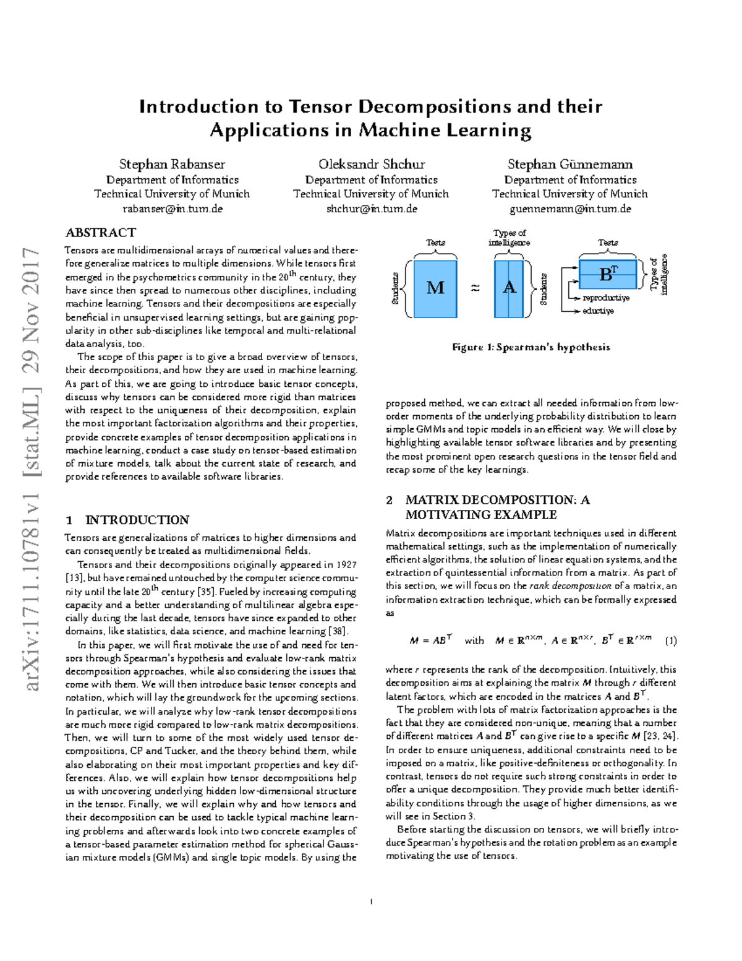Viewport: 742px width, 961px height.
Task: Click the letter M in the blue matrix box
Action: pos(435,288)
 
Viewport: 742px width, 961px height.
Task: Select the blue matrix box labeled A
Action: pos(509,288)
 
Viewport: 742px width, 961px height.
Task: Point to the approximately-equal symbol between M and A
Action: pos(475,288)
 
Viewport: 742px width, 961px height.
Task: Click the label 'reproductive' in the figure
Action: pos(606,298)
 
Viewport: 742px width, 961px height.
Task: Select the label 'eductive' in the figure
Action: pos(598,311)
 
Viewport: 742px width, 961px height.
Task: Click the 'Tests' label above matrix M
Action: pos(435,243)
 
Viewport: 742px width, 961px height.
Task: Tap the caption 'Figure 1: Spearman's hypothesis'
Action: pos(531,347)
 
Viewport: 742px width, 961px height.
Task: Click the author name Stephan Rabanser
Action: pos(172,164)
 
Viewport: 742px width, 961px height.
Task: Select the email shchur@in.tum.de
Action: pos(372,209)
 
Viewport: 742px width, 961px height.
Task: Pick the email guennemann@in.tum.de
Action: pos(570,209)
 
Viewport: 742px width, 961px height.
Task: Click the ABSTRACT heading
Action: pos(101,233)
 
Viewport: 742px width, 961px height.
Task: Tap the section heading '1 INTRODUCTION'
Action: pos(127,520)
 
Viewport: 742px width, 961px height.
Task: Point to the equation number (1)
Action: pos(670,641)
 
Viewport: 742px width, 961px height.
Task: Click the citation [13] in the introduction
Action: pos(74,578)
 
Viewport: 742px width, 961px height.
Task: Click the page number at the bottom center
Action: pos(371,902)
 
